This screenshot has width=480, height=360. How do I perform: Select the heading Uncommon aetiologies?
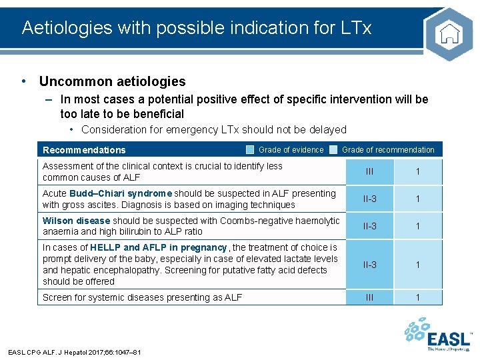[x=112, y=81]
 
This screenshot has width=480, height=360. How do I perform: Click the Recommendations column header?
[x=84, y=150]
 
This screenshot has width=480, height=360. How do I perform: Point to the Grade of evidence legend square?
[x=249, y=150]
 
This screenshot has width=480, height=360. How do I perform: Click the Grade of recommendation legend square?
[x=333, y=150]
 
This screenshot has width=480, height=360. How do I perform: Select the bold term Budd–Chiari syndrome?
[x=121, y=193]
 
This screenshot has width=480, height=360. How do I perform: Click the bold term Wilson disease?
[x=76, y=221]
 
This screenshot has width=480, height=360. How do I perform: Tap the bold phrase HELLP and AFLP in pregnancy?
[x=158, y=247]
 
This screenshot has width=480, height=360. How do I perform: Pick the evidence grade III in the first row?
[x=369, y=172]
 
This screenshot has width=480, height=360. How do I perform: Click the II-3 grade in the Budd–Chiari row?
[x=369, y=199]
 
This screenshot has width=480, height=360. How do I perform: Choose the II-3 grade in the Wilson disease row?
[x=369, y=227]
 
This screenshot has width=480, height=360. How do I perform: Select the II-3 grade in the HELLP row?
[x=369, y=265]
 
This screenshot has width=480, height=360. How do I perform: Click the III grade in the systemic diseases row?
[x=369, y=297]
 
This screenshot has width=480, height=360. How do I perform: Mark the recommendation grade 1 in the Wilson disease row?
[x=418, y=227]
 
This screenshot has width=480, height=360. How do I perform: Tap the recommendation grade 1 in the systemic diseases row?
[x=418, y=297]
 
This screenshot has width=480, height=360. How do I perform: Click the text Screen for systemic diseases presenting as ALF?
[x=142, y=297]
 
